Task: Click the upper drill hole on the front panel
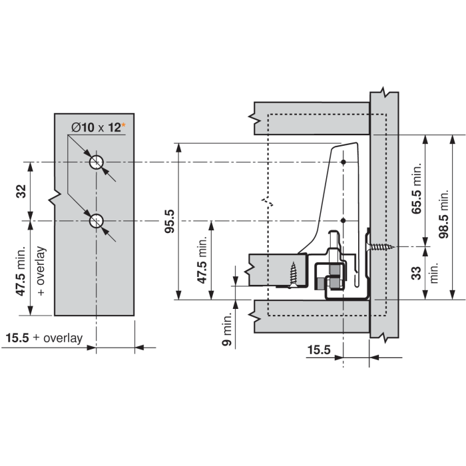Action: coord(97,162)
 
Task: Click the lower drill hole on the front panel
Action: coord(97,221)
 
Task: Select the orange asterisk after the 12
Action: coord(123,125)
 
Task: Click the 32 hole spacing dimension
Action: coord(21,192)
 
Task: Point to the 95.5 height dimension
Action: coord(170,221)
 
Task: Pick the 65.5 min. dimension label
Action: coord(417,188)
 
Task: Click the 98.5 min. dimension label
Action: coord(443,214)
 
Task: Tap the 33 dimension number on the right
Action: coord(417,273)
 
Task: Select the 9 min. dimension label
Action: coord(227,330)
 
